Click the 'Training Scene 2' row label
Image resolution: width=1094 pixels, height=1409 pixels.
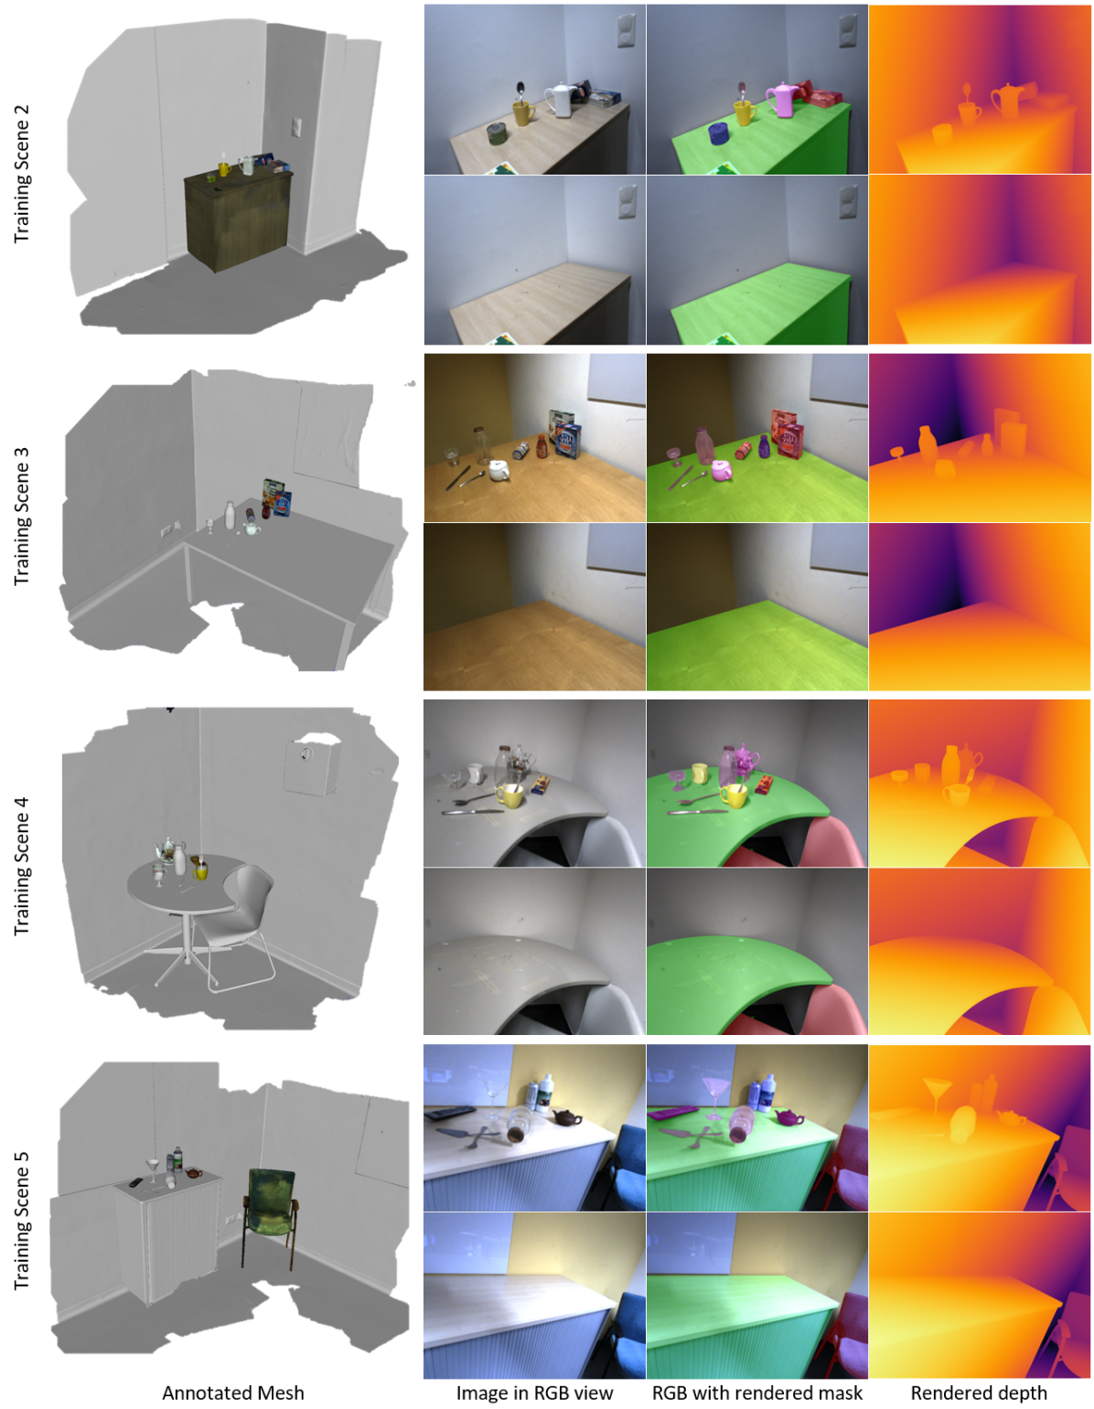[x=21, y=173]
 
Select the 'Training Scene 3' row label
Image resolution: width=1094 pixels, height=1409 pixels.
[x=21, y=516]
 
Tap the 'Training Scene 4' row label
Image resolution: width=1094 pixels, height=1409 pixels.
[x=21, y=866]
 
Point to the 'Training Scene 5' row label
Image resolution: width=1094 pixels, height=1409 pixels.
[x=21, y=1221]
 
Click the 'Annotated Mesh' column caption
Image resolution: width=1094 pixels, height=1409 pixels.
[x=233, y=1393]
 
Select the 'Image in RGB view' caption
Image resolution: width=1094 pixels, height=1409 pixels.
[x=534, y=1393]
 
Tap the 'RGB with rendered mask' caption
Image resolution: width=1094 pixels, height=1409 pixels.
[x=756, y=1393]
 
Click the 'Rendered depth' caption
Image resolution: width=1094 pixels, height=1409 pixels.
[x=979, y=1393]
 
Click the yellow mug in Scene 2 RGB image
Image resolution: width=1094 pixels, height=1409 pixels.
[x=523, y=113]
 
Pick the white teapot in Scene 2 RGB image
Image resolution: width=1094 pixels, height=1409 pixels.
[x=559, y=100]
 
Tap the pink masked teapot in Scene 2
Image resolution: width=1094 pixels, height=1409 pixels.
[x=782, y=100]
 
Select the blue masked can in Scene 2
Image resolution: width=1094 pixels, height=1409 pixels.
[x=720, y=133]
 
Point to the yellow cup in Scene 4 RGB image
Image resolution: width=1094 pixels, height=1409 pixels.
[x=509, y=795]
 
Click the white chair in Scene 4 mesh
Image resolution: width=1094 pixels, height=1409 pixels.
[x=237, y=926]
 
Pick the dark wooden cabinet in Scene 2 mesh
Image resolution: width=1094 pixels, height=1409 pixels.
[x=237, y=219]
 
